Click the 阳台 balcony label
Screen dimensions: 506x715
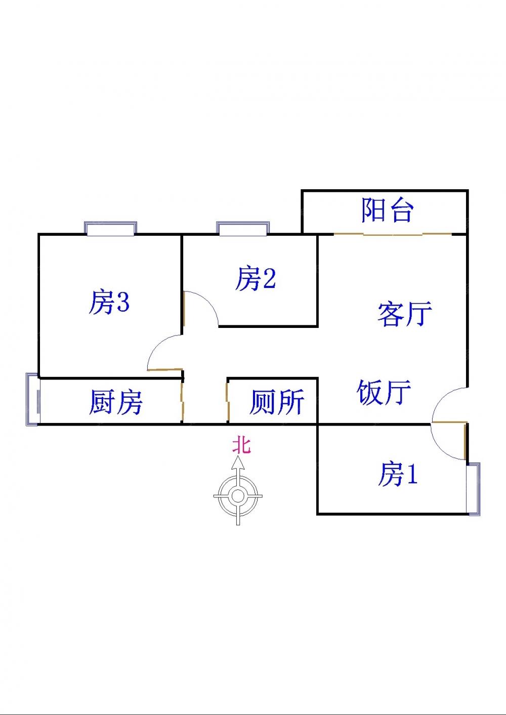(388, 210)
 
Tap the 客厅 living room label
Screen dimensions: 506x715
(404, 314)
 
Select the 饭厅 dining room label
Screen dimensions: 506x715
(384, 392)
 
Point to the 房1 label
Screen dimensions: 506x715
(397, 474)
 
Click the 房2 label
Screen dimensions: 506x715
(256, 279)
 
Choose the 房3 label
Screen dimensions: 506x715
(109, 302)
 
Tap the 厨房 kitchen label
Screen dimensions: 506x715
(115, 402)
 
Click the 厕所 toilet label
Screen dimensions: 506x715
(277, 402)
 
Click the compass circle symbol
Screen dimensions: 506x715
(237, 496)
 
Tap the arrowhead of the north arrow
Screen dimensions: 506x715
(238, 462)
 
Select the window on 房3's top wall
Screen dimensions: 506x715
(110, 229)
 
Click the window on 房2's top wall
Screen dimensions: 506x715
(242, 229)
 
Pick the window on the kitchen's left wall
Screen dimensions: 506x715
(33, 399)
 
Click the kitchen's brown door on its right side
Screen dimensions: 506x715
(183, 401)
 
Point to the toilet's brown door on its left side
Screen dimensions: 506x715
(228, 401)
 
